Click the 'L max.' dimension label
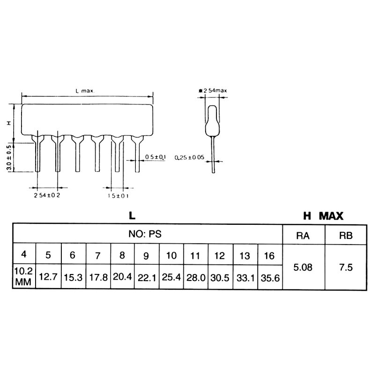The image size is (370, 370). [x=85, y=91]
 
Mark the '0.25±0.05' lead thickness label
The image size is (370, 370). [x=189, y=158]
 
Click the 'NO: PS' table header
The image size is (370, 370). [x=147, y=234]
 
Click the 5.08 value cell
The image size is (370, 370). [x=303, y=268]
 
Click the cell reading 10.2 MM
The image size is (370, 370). [x=24, y=276]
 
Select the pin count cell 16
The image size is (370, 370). [x=270, y=256]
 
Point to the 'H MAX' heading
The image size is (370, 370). [x=323, y=216]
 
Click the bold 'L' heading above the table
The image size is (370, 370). [x=133, y=216]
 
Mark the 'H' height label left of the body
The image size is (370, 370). [x=9, y=123]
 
